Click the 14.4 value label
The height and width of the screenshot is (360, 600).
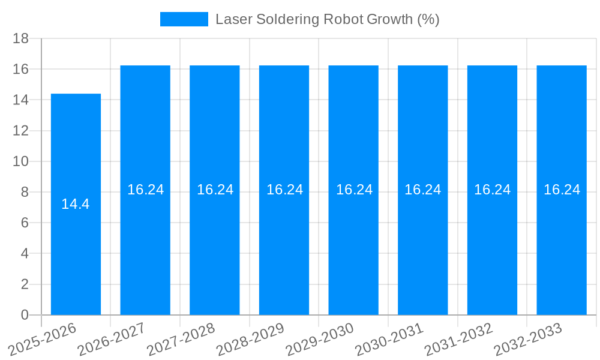click(x=76, y=204)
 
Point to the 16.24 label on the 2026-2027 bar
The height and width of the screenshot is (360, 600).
click(x=145, y=190)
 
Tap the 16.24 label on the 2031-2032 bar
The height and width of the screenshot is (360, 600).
click(x=492, y=190)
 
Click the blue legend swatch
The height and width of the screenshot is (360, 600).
click(x=184, y=19)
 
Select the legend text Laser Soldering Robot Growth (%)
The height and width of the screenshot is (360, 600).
click(x=327, y=19)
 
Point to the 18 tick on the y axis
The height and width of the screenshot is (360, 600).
click(x=21, y=38)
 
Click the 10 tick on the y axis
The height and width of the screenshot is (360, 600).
click(x=21, y=161)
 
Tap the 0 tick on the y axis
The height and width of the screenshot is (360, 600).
click(x=25, y=315)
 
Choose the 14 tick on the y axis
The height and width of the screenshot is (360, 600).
click(x=21, y=100)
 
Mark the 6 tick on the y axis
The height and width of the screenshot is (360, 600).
click(x=25, y=223)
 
